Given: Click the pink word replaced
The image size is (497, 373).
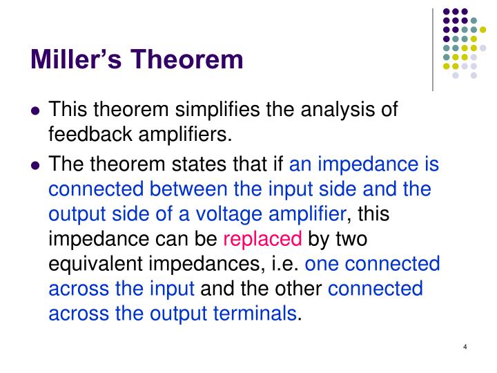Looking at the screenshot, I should point(263,240).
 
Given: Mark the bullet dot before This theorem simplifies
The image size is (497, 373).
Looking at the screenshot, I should point(35,111).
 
